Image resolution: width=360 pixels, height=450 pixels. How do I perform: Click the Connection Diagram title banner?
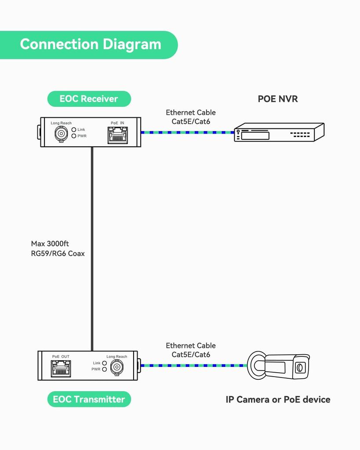point(90,44)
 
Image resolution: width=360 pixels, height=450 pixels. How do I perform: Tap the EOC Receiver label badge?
point(89,99)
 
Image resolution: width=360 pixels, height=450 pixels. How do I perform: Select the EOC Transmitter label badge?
point(89,399)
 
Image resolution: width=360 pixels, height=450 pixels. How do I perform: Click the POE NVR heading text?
point(277,99)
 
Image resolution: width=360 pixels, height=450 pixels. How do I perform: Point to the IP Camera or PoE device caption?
point(278,399)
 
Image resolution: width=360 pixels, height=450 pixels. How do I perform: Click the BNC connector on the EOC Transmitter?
point(116,367)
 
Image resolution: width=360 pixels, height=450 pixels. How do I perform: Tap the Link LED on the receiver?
point(74,130)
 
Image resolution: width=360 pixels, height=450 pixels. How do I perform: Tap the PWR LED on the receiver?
point(74,136)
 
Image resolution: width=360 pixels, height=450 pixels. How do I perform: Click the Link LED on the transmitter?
point(104,363)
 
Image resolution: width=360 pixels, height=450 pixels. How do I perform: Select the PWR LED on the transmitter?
point(104,369)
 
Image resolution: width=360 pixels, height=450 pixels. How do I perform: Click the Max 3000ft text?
point(50,243)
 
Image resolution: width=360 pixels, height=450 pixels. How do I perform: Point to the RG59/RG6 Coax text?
point(58,254)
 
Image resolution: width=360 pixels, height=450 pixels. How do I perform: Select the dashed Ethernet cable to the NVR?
point(187,132)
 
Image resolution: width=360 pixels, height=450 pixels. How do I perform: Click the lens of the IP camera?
point(300,367)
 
